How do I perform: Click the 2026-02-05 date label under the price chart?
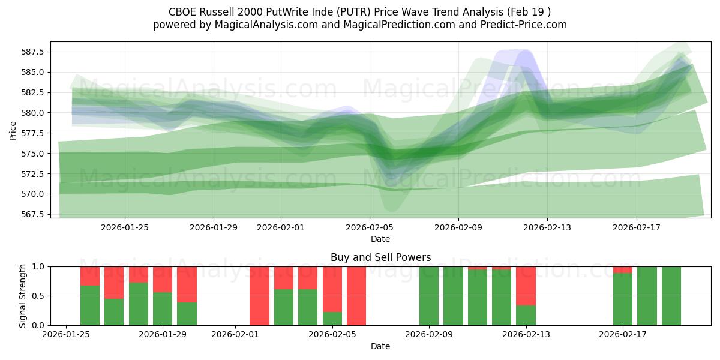pos(370,227)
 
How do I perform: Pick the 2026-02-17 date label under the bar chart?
pos(623,335)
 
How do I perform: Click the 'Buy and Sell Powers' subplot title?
pos(380,257)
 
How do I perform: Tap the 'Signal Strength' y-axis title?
pos(22,296)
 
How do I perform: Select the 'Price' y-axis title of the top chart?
pos(13,130)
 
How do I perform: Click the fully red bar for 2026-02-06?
pos(356,296)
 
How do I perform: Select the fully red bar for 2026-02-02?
pos(259,296)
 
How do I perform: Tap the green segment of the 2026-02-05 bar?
pos(332,319)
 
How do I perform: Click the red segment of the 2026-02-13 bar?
pos(526,286)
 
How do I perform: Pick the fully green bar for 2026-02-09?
pos(429,296)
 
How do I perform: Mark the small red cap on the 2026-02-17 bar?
pos(623,269)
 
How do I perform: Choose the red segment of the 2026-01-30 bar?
pos(187,284)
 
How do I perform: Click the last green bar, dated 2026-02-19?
pos(671,296)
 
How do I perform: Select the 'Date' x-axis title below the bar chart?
pos(380,346)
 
